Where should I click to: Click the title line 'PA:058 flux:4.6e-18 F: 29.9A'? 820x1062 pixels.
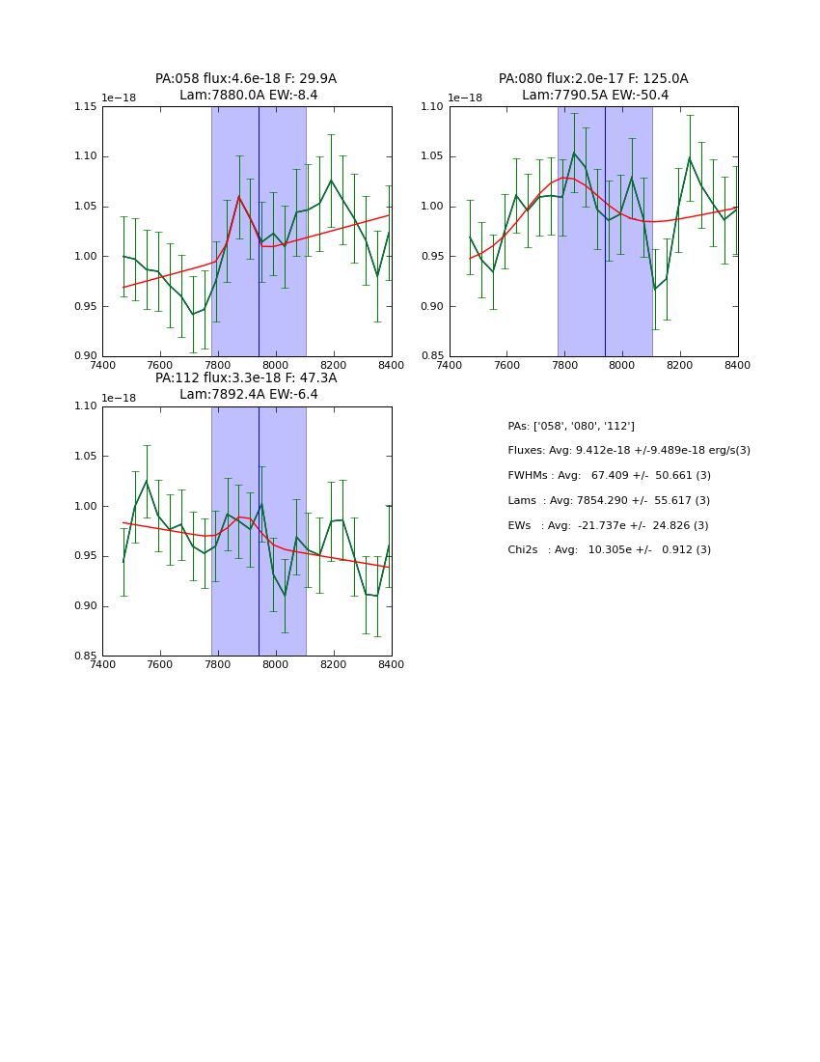coord(246,79)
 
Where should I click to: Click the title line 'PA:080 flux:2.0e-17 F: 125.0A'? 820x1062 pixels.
coord(593,79)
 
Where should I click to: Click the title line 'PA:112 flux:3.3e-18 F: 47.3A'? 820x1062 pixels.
coord(246,378)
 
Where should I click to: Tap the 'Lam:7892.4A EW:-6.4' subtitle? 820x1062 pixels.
coord(248,395)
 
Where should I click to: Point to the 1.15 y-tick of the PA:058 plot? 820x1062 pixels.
coord(86,106)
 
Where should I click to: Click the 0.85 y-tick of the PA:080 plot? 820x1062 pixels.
coord(433,356)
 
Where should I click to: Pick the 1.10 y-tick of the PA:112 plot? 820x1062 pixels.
coord(86,406)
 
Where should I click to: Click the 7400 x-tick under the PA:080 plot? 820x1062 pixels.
coord(450,366)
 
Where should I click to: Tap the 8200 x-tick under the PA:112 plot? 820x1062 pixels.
coord(333,665)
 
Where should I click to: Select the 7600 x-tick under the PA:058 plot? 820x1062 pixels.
coord(160,366)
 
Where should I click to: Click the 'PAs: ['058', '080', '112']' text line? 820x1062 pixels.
coord(571,426)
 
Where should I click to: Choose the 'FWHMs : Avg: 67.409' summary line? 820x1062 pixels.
coord(610,476)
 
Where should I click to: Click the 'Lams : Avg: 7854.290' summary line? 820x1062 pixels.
coord(609,501)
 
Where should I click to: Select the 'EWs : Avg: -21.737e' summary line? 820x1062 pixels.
coord(609,525)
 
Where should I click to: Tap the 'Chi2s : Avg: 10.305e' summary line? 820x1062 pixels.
coord(610,550)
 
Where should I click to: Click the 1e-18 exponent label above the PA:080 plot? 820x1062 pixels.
coord(465,98)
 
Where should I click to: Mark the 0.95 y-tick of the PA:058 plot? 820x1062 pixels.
coord(86,306)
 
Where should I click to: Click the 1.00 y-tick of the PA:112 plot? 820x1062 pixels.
coord(86,506)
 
